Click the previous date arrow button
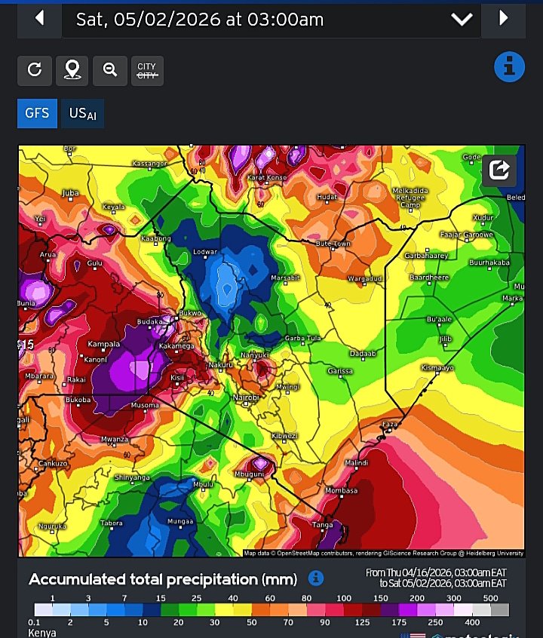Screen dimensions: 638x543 click(39, 18)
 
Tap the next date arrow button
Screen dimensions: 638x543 click(504, 18)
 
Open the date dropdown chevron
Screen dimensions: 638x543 click(462, 20)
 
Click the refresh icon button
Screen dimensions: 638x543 click(34, 70)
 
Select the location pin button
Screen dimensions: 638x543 click(72, 70)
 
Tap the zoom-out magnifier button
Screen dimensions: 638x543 click(110, 70)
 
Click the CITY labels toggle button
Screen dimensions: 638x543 click(146, 70)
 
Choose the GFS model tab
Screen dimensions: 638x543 click(37, 113)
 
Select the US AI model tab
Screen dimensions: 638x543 click(83, 113)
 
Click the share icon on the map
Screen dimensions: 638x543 click(499, 170)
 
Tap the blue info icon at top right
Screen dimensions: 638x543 click(509, 67)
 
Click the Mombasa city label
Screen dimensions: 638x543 click(342, 490)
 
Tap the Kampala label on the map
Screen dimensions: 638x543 click(104, 344)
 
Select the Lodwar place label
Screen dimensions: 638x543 click(205, 251)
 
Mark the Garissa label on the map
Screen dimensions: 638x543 click(341, 371)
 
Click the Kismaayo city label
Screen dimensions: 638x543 click(437, 367)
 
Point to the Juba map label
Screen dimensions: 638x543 click(70, 193)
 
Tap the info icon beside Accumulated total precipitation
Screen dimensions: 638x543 click(317, 578)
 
